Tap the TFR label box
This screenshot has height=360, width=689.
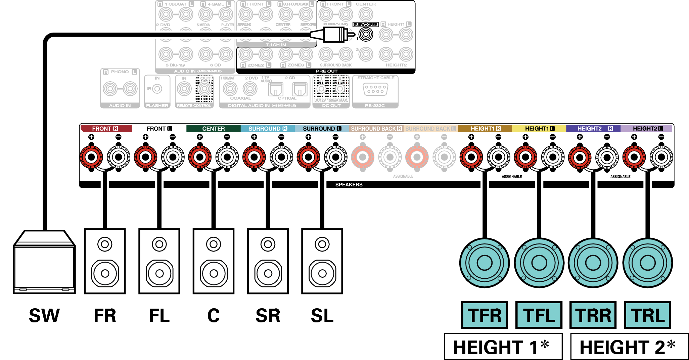tap(484, 315)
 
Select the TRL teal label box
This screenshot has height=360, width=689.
tap(647, 315)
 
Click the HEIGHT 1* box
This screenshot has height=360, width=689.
tap(503, 347)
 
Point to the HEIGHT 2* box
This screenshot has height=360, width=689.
tap(629, 347)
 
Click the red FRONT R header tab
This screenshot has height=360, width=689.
tap(105, 129)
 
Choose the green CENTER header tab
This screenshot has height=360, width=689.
tap(214, 129)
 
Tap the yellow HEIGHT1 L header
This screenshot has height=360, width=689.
tap(539, 129)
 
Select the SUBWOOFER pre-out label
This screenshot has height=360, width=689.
tap(365, 25)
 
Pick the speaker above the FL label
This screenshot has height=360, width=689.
tap(159, 261)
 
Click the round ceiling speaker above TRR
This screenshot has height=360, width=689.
tap(593, 263)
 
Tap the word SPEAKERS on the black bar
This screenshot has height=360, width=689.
tap(349, 185)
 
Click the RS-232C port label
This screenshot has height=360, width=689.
tap(375, 105)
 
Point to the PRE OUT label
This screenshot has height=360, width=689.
tap(326, 71)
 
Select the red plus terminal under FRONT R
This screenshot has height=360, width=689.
tap(91, 157)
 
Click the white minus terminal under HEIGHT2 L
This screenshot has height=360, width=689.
tap(661, 157)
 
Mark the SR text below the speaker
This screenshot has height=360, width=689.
tap(268, 316)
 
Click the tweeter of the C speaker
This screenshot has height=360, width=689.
tap(214, 244)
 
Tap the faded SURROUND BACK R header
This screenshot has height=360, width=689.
tap(376, 129)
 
